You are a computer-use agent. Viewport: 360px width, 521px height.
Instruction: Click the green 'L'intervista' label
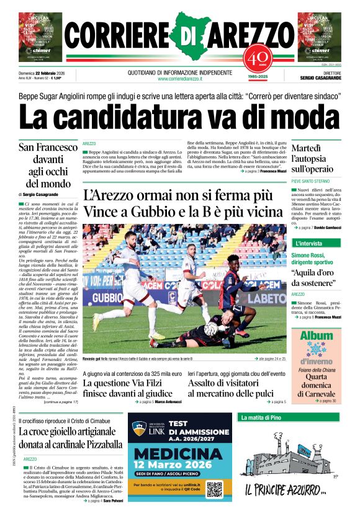(308, 243)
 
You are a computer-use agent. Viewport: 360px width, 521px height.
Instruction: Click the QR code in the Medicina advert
(215, 489)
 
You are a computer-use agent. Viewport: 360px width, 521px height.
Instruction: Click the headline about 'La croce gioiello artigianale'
(70, 439)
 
